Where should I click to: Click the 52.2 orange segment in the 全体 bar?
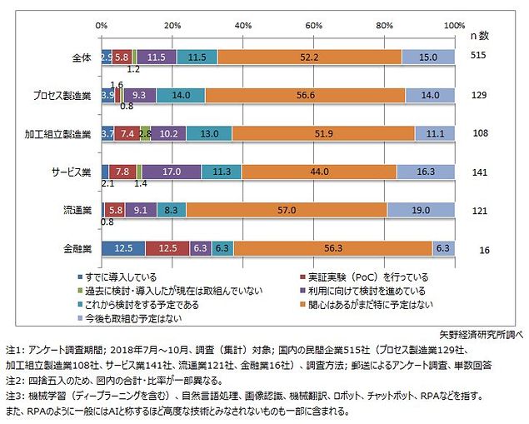pos(310,57)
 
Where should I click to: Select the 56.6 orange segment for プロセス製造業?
pos(305,95)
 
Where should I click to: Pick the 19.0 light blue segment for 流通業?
pos(421,210)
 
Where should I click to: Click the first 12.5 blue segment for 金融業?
pos(123,247)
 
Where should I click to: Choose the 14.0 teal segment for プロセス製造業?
pos(180,95)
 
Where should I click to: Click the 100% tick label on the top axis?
pos(454,27)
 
